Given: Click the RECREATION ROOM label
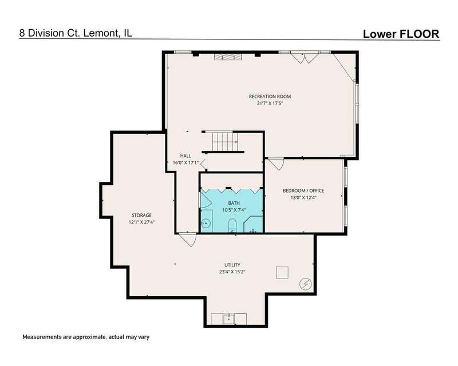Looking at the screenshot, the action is (x=270, y=96).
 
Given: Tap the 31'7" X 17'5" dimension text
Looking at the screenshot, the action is (x=270, y=104).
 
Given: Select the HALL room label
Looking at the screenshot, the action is (x=185, y=156).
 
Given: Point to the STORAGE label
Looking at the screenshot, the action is (x=141, y=216).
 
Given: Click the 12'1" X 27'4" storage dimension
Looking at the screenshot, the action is (x=141, y=222).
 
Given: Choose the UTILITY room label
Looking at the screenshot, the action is (x=232, y=265).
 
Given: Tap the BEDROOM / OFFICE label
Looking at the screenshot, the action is (x=303, y=190).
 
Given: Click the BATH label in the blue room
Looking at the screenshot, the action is (x=234, y=203).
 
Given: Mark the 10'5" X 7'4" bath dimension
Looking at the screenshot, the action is (x=234, y=209).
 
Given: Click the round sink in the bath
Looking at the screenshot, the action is (x=206, y=223).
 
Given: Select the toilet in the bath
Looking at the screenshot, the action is (x=232, y=226).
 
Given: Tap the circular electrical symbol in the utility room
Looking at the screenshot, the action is (x=306, y=284).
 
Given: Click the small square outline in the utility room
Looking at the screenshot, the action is (x=282, y=273).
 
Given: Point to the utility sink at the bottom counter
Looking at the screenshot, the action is (x=229, y=319).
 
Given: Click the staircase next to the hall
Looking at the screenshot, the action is (x=224, y=142).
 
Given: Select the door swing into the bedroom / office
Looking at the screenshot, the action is (x=276, y=164).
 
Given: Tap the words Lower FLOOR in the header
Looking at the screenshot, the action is (x=401, y=34).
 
